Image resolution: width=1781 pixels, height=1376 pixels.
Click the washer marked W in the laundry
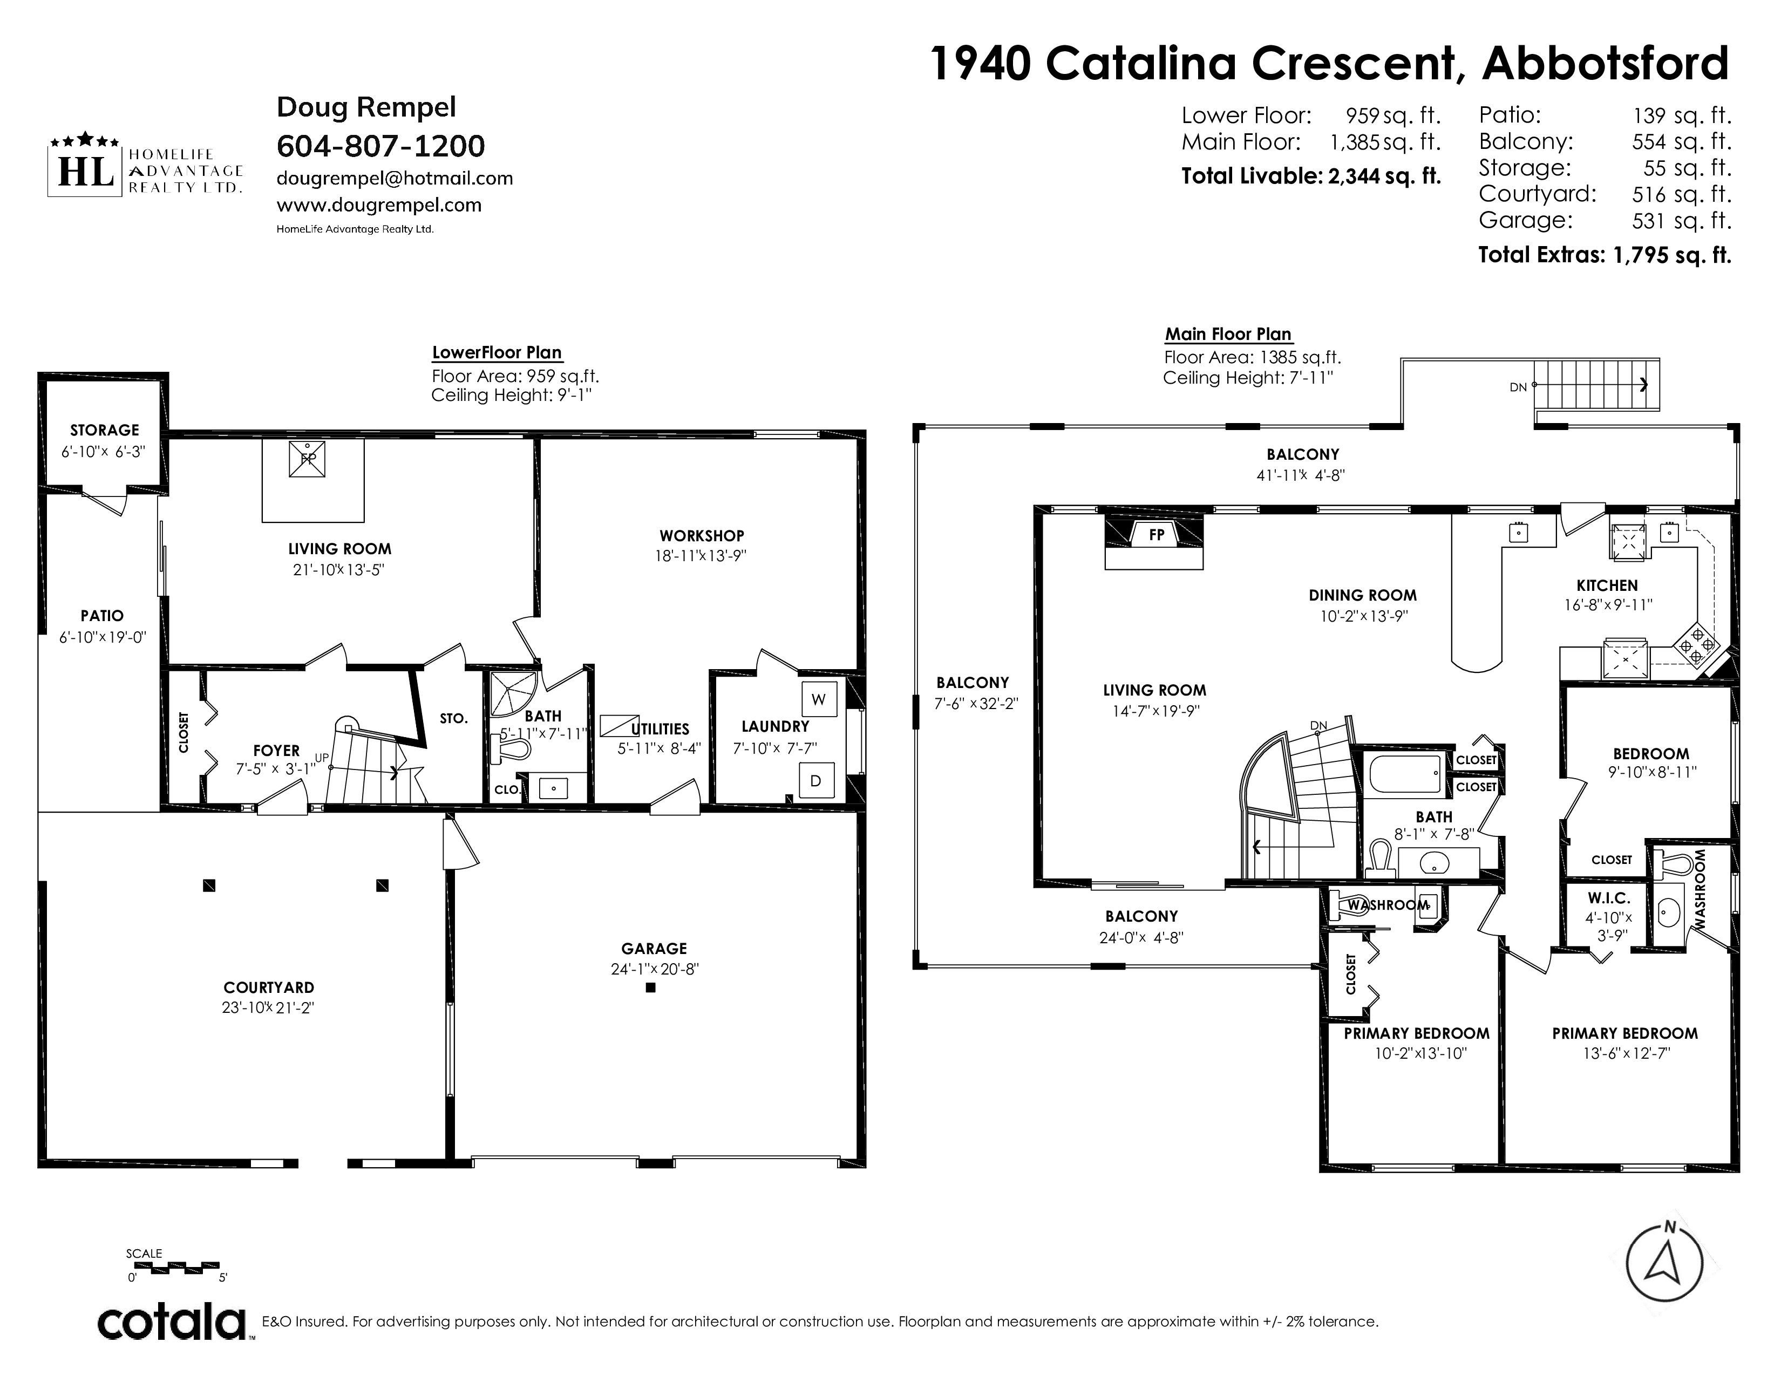click(819, 699)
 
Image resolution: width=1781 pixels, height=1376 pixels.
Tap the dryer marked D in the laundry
click(815, 780)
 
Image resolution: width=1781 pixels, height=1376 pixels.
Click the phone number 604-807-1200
click(381, 146)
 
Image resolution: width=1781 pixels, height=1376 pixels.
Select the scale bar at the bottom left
click(177, 1269)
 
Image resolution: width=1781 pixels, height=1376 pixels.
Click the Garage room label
click(654, 948)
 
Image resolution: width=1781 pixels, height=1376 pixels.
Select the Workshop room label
click(702, 536)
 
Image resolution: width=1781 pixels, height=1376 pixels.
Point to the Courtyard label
click(269, 987)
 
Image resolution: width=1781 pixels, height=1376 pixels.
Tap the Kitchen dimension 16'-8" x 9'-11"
click(1607, 605)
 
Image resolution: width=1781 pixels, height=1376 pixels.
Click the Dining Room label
click(1363, 595)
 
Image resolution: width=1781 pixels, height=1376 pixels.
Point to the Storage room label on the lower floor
click(104, 430)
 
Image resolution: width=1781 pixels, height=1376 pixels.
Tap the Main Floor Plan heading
click(1228, 333)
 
